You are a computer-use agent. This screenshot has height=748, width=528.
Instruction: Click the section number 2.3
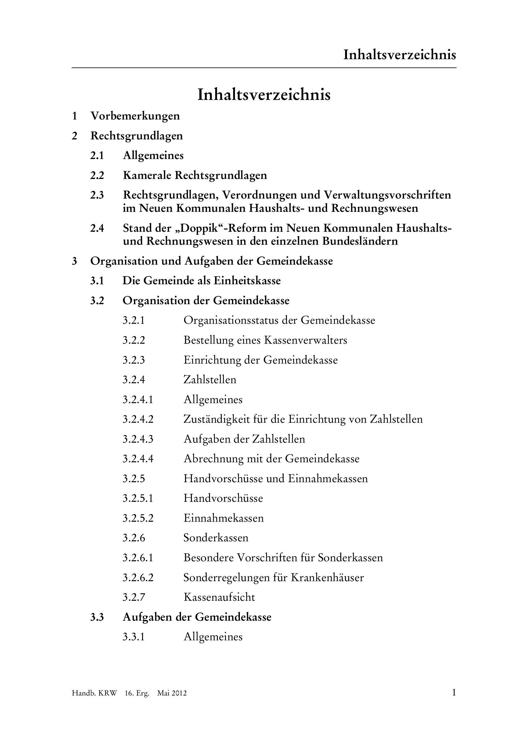pos(97,195)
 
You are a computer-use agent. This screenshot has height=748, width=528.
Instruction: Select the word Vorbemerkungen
pos(135,116)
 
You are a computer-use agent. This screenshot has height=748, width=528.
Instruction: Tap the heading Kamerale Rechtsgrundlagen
pos(195,175)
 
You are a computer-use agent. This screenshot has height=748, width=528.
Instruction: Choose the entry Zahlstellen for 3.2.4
pos(210,380)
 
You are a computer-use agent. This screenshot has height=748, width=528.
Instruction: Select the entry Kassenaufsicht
pos(219,597)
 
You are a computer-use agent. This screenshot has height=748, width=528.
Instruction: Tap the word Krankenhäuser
pos(327,577)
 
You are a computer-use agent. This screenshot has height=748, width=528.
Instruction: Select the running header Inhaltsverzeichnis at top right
pos(400,55)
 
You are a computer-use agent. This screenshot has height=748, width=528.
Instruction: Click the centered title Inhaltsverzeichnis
pos(264,95)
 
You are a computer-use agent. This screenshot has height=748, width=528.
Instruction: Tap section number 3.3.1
pos(134,637)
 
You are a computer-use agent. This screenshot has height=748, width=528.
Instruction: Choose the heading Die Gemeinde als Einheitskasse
pos(201,281)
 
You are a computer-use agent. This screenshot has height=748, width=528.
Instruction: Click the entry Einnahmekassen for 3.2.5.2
pos(224,518)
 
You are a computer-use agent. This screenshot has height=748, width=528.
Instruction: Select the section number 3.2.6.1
pos(138,557)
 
